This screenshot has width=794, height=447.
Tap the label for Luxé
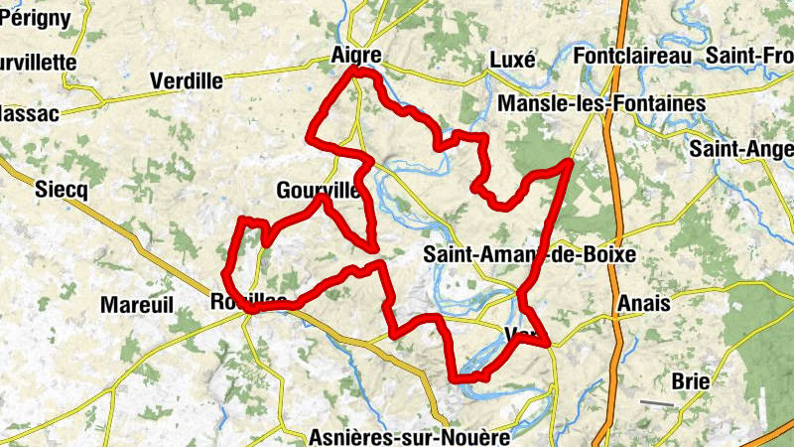[x=513, y=61]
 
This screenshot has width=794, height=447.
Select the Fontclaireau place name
[x=631, y=57]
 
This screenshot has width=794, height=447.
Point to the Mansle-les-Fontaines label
[x=602, y=103]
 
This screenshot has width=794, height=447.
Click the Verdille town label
[x=186, y=80]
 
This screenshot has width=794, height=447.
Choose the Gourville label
[x=319, y=190]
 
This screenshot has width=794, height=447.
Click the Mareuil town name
[x=137, y=303]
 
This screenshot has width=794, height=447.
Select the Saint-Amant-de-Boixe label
[x=529, y=255]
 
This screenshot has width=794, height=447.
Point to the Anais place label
[x=643, y=303]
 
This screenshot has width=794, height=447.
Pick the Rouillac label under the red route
[x=249, y=300]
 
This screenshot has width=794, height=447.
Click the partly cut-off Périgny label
[x=35, y=17]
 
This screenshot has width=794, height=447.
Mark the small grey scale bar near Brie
[x=657, y=403]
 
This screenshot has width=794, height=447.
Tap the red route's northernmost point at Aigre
[x=357, y=72]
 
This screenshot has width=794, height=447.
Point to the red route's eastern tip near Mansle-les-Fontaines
[x=570, y=162]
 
